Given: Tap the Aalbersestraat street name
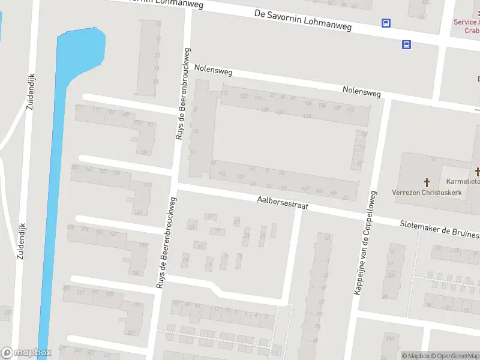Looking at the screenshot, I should [282, 202].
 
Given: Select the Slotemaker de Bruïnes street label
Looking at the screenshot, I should [439, 229].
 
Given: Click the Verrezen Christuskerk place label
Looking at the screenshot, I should [427, 193].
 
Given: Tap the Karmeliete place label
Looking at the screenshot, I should [463, 181].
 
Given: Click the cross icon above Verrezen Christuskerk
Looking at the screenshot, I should [427, 181].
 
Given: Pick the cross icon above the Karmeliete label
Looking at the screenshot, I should [478, 171].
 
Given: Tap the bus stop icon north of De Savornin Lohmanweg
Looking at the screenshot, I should [386, 23].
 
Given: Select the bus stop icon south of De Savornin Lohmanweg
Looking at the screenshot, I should [406, 44].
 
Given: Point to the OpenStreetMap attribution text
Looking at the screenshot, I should [454, 356].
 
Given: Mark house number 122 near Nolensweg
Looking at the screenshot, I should [244, 96].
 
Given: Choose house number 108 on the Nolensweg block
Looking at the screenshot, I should [337, 108].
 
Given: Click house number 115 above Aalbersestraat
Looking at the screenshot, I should [223, 174].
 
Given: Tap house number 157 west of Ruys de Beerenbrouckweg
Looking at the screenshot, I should [137, 212].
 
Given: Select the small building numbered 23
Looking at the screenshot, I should [246, 236].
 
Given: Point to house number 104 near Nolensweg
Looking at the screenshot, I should [322, 106].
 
